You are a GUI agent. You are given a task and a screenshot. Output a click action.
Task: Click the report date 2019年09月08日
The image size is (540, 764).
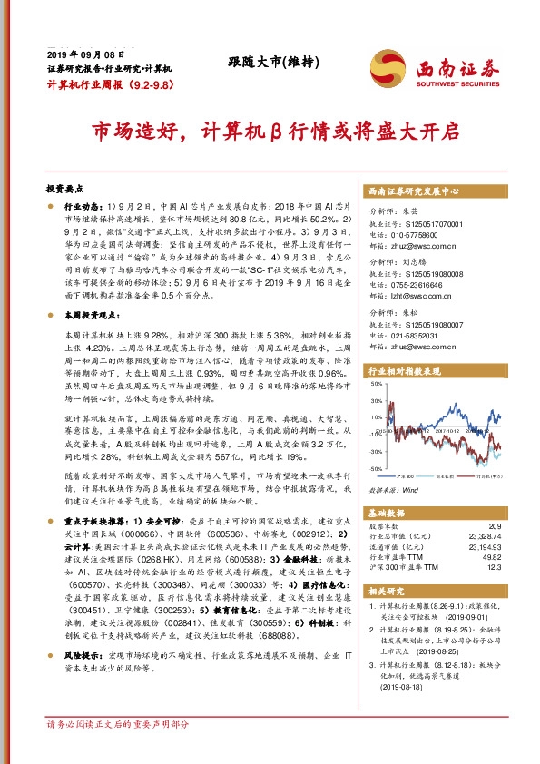[80, 55]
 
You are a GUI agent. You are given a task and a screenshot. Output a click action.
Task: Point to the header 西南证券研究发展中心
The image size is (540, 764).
[414, 192]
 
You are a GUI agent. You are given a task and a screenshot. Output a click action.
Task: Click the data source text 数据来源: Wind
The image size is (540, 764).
[393, 489]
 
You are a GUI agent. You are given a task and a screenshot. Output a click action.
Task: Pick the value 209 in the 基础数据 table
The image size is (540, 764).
[494, 526]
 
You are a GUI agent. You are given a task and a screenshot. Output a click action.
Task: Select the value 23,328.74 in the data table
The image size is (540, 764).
[483, 536]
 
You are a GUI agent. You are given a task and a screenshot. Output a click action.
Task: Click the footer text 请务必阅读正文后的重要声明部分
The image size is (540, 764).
[118, 749]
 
